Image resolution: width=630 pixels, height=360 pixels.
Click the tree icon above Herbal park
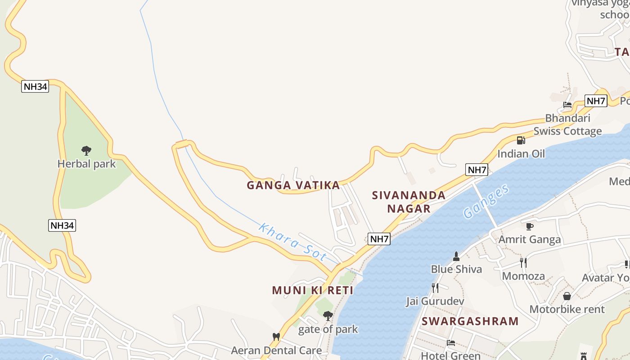coord(86,150)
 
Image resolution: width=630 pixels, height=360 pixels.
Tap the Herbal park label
coord(86,164)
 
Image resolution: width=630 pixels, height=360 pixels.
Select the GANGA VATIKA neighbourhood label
coord(293,185)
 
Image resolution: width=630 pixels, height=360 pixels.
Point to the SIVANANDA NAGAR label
coord(409,202)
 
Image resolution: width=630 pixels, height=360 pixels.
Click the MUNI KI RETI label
coord(313,290)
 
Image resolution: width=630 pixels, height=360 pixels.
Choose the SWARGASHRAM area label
coord(470,321)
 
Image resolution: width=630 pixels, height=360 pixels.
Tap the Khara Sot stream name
coord(292,242)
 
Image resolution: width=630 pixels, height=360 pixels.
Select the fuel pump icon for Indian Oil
coord(521,140)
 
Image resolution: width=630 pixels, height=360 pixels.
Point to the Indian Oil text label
coord(521,154)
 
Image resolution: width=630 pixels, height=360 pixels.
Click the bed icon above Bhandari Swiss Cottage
coord(567,105)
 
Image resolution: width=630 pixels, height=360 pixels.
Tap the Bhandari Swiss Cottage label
coord(567,125)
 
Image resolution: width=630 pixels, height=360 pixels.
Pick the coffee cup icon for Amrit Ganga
coord(529,226)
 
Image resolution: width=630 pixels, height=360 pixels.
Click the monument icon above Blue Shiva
coord(456,256)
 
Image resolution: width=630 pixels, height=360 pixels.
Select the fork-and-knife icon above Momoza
coord(523,262)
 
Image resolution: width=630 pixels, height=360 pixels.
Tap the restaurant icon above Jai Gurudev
coord(435,288)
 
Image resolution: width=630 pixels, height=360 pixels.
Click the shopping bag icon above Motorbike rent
coord(567,296)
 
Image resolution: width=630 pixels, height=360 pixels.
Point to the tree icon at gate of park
coord(328,316)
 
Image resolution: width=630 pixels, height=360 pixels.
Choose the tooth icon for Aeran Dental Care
coord(276,337)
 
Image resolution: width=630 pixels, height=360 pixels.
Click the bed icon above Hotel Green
coord(451,343)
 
